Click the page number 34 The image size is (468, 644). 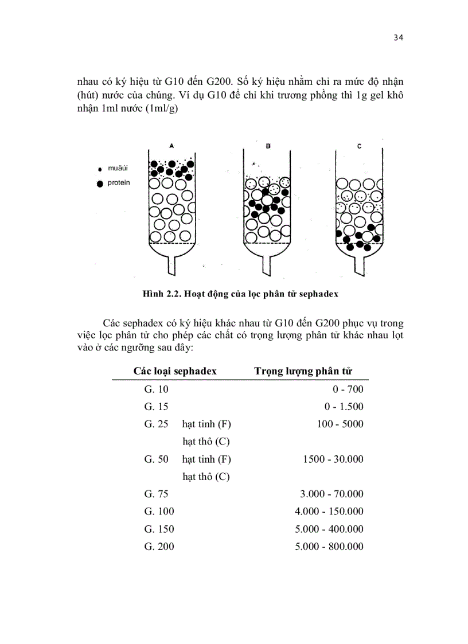coord(399,38)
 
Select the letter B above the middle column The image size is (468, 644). coord(268,147)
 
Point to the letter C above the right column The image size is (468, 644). coord(359,146)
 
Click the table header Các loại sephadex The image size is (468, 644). coord(175,371)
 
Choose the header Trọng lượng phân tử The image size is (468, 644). coord(303,371)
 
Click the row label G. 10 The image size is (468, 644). coord(157,390)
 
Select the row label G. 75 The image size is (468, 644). coord(157,494)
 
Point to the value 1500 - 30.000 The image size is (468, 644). coord(332,459)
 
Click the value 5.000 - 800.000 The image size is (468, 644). coord(329,547)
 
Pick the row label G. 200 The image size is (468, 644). coord(159,547)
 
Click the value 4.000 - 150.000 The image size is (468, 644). coord(329,512)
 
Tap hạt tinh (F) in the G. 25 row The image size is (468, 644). coord(206,424)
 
